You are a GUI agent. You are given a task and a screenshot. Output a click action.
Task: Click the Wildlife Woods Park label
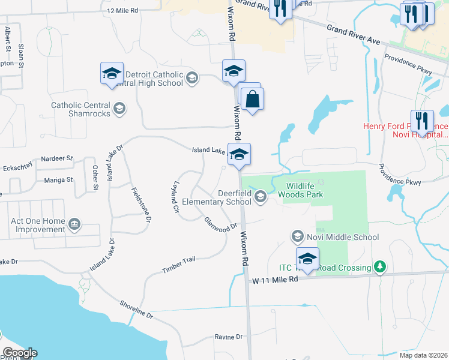pos(304,190)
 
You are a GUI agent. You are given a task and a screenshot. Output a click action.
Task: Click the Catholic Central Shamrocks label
pos(82,109)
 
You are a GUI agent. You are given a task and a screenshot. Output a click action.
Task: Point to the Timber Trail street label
pos(179,265)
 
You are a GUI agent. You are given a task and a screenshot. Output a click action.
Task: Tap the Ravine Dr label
pos(229,337)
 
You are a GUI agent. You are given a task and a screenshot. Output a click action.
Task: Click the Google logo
pos(19,353)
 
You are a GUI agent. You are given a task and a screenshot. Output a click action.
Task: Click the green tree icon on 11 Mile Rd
pos(379,266)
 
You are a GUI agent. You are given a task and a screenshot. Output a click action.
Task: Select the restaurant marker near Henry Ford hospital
pos(422,121)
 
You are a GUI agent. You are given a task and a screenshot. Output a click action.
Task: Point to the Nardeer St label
pos(57,158)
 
